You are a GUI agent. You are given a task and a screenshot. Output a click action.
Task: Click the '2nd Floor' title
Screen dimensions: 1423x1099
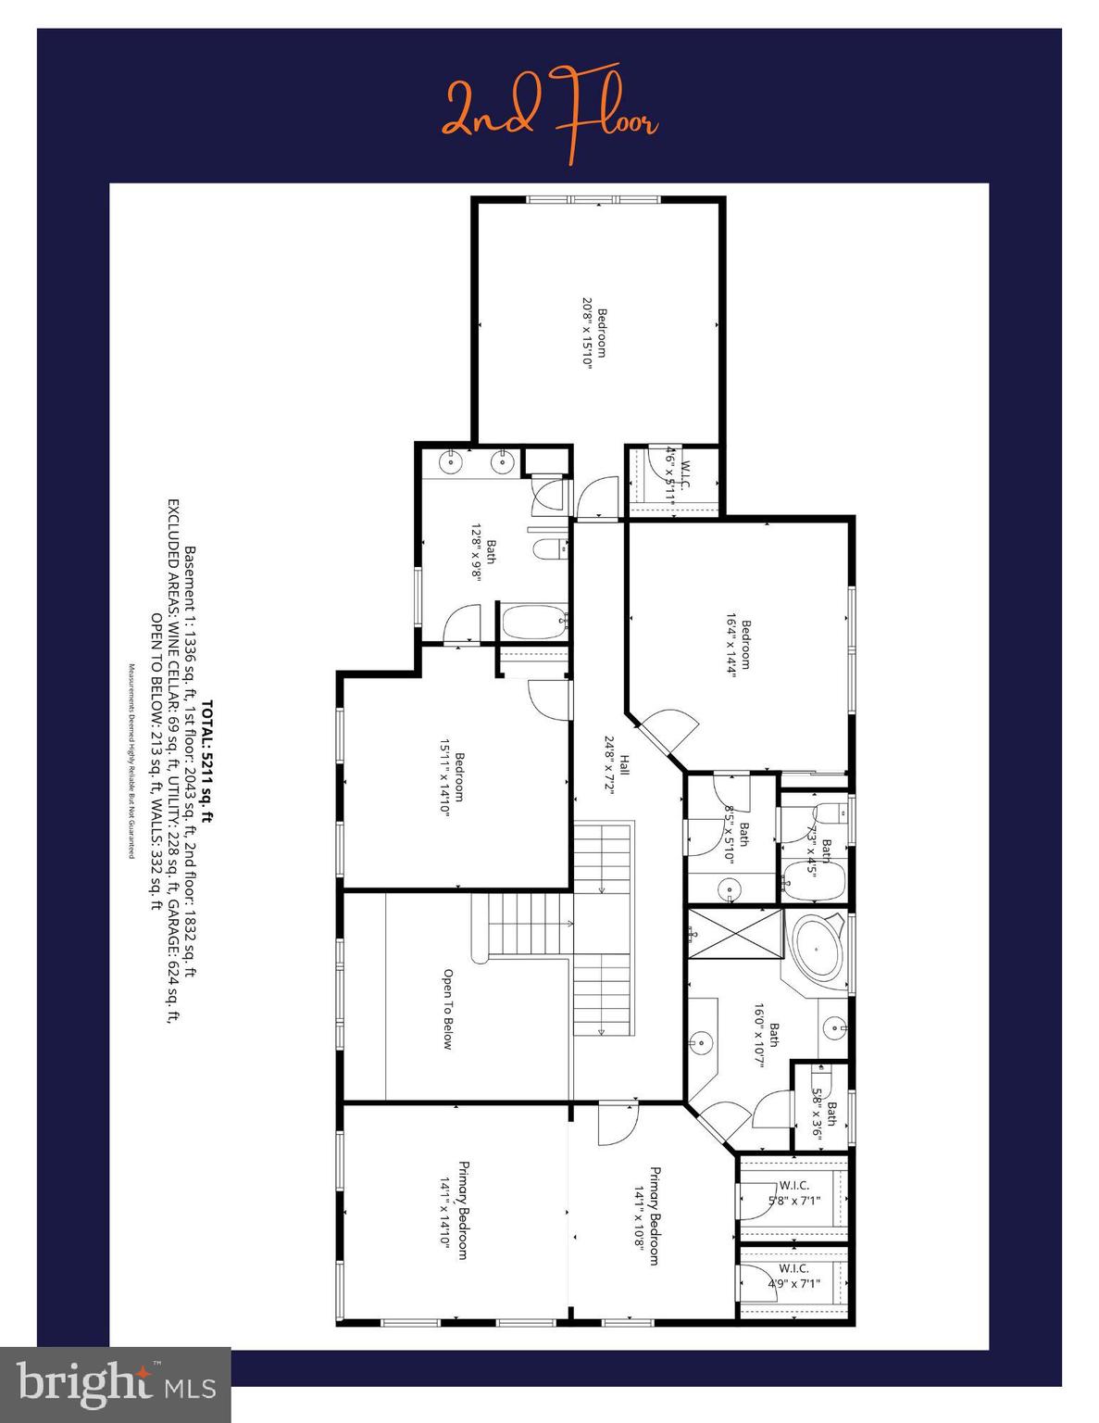pos(550,116)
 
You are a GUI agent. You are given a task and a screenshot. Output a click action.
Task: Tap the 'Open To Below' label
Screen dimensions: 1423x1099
pos(447,1009)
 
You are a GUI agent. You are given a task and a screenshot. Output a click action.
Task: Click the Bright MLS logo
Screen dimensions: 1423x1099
pos(116,1385)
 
